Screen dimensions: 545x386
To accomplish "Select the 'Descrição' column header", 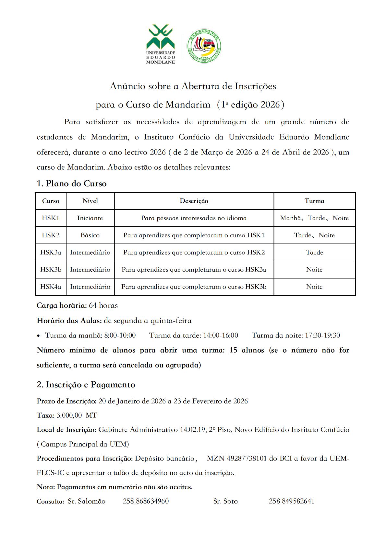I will [194, 201].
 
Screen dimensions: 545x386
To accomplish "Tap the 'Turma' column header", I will [314, 201].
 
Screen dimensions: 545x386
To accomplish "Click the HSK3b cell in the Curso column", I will [51, 270].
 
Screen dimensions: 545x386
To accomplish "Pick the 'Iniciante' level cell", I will [90, 218].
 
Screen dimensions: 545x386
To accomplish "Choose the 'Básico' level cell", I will [90, 235].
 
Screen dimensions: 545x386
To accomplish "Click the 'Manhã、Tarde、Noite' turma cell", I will [314, 218].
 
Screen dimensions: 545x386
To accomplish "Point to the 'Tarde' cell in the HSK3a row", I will [314, 253].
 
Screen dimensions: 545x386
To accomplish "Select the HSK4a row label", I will [51, 287].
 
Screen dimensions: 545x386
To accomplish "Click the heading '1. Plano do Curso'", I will [71, 184].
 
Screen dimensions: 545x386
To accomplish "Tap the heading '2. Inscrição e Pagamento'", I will [86, 385].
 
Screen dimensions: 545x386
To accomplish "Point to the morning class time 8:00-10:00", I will [120, 335].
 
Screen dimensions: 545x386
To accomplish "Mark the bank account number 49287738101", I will [246, 459].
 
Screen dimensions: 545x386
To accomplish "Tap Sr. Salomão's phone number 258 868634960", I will [146, 501].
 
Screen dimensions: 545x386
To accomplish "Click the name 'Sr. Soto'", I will [225, 501].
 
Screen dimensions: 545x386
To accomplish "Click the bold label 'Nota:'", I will [46, 487].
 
